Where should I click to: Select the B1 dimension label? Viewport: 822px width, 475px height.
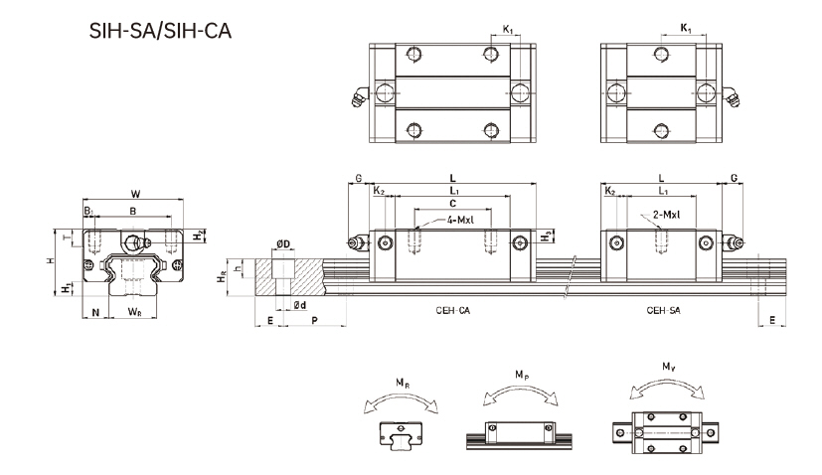click(x=88, y=211)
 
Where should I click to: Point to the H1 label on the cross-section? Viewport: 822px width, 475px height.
click(x=67, y=288)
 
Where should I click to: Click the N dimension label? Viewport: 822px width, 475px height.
click(x=95, y=312)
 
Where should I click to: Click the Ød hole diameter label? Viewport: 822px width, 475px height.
click(x=299, y=305)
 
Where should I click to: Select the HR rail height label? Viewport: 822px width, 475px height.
click(x=222, y=281)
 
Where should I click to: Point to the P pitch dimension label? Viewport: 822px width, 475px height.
click(x=314, y=322)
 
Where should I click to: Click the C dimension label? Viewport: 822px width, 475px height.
click(x=452, y=202)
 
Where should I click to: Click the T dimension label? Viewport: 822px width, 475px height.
click(x=68, y=237)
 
